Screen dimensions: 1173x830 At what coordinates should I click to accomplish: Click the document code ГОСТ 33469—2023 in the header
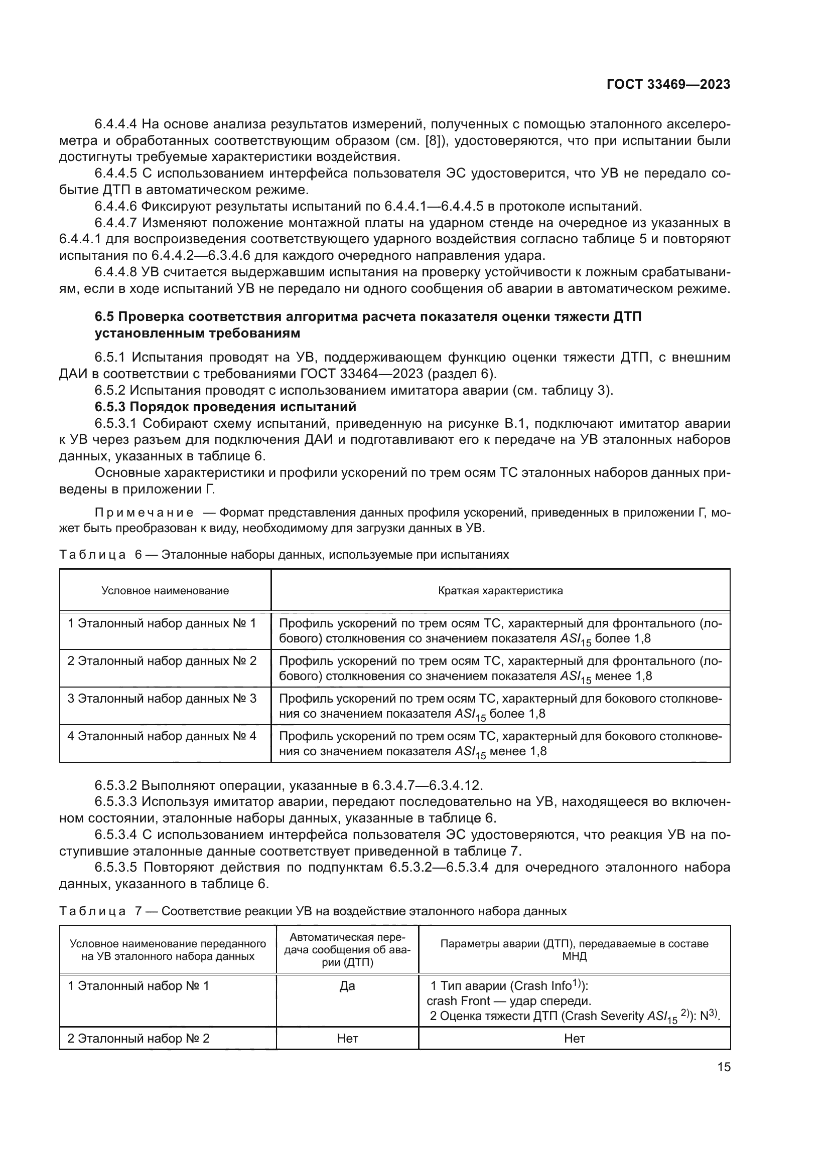coord(668,84)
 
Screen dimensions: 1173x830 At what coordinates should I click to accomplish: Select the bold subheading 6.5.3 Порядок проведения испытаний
coord(225,407)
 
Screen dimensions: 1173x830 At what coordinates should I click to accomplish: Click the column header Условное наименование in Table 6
coord(165,591)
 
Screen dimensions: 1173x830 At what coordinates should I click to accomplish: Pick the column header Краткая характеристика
coord(500,591)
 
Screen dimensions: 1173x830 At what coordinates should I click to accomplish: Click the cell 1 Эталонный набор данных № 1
coord(162,623)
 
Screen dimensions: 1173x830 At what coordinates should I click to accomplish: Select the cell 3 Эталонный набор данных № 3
coord(162,699)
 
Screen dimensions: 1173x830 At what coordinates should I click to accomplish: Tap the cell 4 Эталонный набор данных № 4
coord(162,736)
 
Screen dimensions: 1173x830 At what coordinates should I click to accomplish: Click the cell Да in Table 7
coord(347,986)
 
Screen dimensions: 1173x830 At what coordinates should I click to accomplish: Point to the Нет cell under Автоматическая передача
coord(347,1039)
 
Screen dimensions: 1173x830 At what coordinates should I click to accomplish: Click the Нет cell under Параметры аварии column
coord(575,1039)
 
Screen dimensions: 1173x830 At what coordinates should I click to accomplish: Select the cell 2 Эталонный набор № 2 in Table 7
coord(139,1039)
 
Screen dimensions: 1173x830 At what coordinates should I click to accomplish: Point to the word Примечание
coord(145,513)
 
